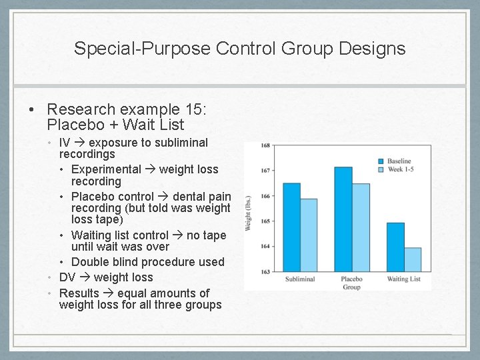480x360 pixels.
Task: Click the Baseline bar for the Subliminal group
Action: (x=291, y=227)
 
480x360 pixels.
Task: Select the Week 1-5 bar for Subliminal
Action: (x=309, y=235)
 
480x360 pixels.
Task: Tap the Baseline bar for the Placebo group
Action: (x=343, y=219)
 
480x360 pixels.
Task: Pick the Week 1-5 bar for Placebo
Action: (x=360, y=227)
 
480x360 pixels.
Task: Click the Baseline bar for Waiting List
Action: (x=395, y=247)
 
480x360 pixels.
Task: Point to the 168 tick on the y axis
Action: (x=265, y=145)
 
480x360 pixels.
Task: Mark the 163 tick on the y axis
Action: (x=265, y=272)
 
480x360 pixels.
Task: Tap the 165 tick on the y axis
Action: (x=265, y=221)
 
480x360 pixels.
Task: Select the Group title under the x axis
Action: (x=351, y=287)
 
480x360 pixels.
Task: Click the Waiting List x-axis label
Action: (x=403, y=279)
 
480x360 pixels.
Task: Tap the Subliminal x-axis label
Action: (x=300, y=279)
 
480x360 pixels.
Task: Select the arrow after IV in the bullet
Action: (x=79, y=143)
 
